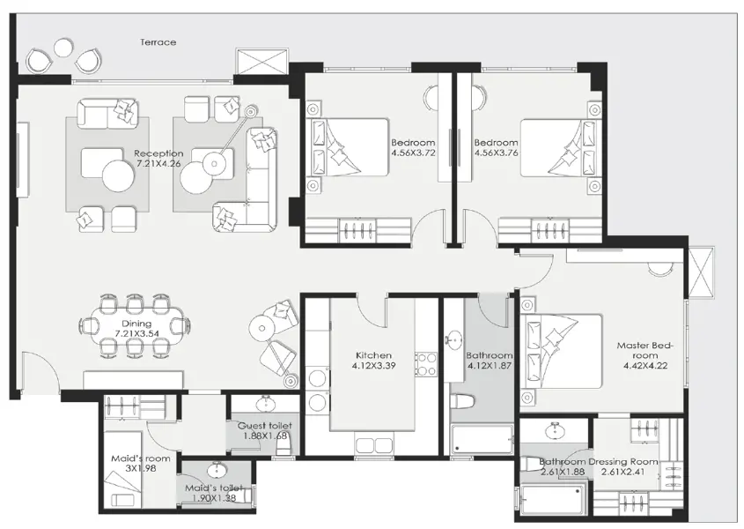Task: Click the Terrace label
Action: pos(158,42)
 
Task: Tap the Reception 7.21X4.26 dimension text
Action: pos(158,164)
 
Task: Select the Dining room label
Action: pos(136,324)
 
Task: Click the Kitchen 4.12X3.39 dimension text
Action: pos(374,366)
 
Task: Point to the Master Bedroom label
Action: pos(645,350)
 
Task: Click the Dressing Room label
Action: pos(623,461)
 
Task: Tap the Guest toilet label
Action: pos(265,426)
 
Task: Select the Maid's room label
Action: pos(141,458)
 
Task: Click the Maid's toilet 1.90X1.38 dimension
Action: pos(215,498)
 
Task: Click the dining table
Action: pos(136,326)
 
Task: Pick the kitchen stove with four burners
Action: pos(426,364)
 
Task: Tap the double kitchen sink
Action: pos(373,446)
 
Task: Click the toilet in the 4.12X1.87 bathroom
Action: pos(462,402)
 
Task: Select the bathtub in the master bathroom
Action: pos(553,500)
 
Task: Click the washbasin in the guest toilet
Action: pos(265,405)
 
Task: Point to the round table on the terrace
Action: pos(63,48)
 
